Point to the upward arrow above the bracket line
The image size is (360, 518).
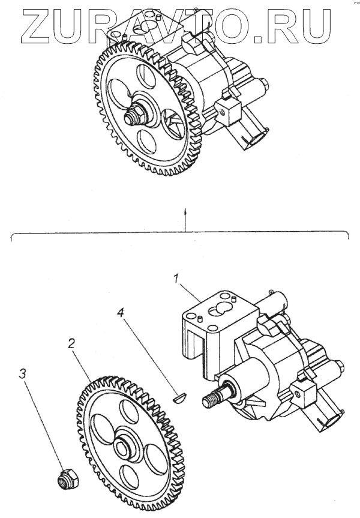tap(187, 212)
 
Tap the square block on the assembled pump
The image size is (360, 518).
tap(230, 110)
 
